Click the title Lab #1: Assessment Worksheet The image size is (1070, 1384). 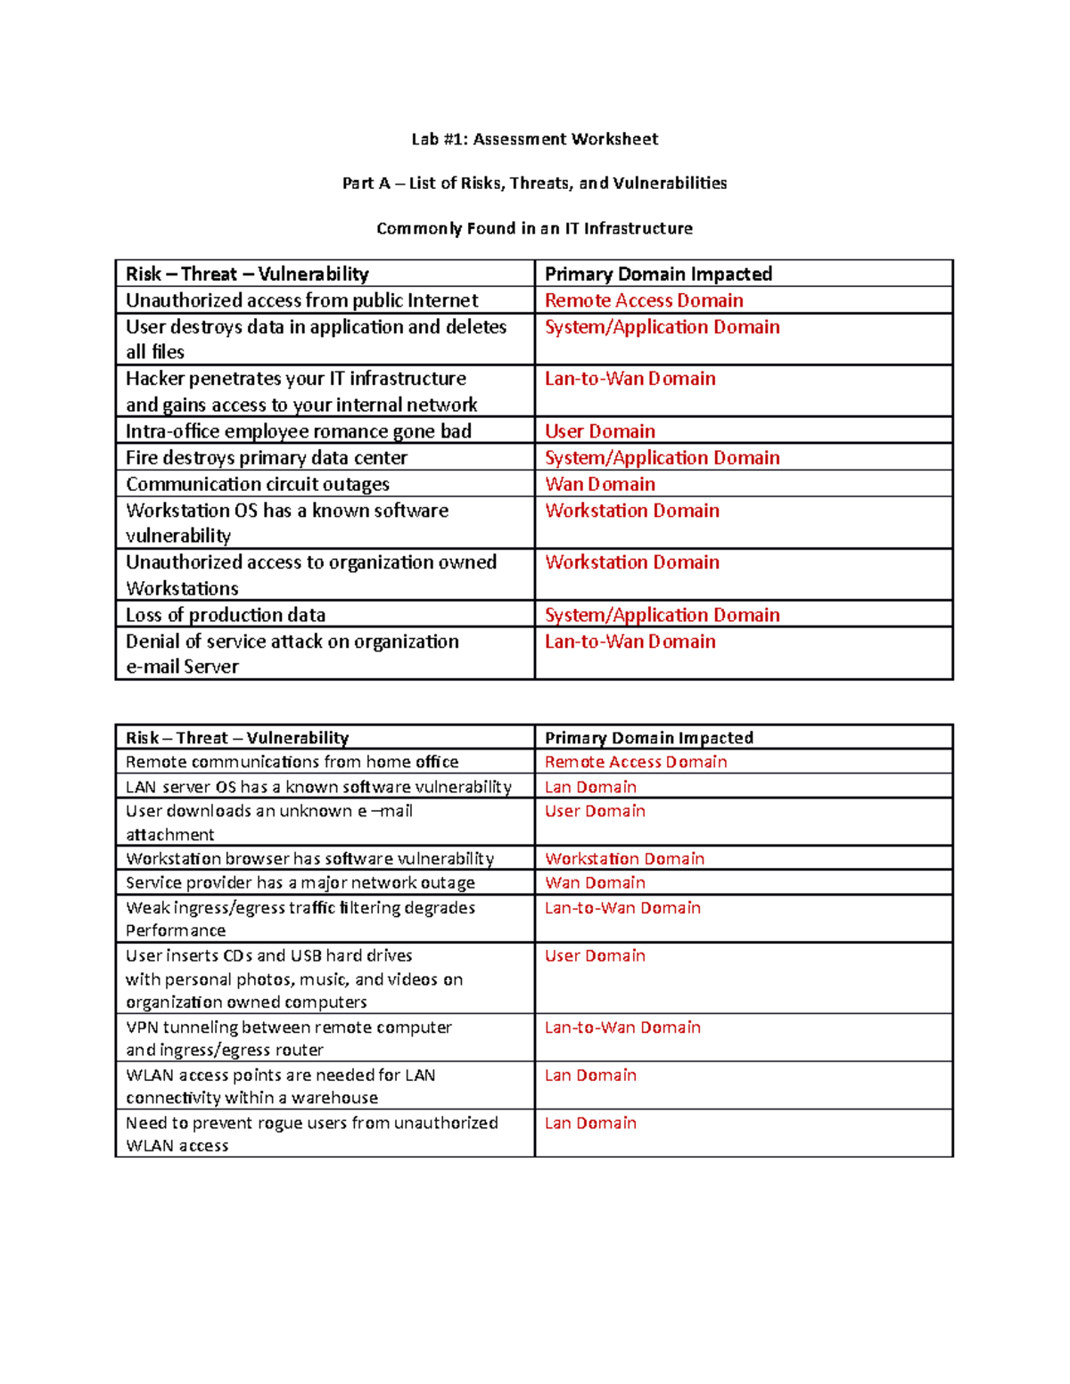click(x=534, y=139)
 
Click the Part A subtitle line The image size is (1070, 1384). click(x=534, y=183)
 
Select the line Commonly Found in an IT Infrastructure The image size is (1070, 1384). click(x=534, y=228)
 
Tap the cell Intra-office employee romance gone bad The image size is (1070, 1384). click(x=298, y=431)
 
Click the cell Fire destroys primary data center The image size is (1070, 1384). click(x=266, y=458)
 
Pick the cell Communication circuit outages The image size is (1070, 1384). click(x=257, y=484)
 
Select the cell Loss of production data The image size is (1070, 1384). click(x=225, y=615)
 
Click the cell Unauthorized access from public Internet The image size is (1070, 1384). click(x=301, y=300)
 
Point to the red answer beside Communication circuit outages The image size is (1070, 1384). click(x=599, y=484)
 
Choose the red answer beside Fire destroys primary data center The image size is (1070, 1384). click(x=662, y=458)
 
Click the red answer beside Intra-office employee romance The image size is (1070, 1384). click(x=599, y=431)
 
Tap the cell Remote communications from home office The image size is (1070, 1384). click(x=292, y=762)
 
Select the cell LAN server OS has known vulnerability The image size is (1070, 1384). click(x=318, y=787)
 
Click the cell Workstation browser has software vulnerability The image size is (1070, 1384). click(x=309, y=858)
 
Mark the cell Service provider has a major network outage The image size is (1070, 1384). click(x=300, y=882)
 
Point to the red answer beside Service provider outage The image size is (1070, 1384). click(x=595, y=882)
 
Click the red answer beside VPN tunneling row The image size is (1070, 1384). click(x=622, y=1028)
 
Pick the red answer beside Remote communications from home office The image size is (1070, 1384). click(x=636, y=762)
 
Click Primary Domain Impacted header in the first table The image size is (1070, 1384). click(x=658, y=274)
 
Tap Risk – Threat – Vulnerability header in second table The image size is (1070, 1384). click(x=237, y=738)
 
